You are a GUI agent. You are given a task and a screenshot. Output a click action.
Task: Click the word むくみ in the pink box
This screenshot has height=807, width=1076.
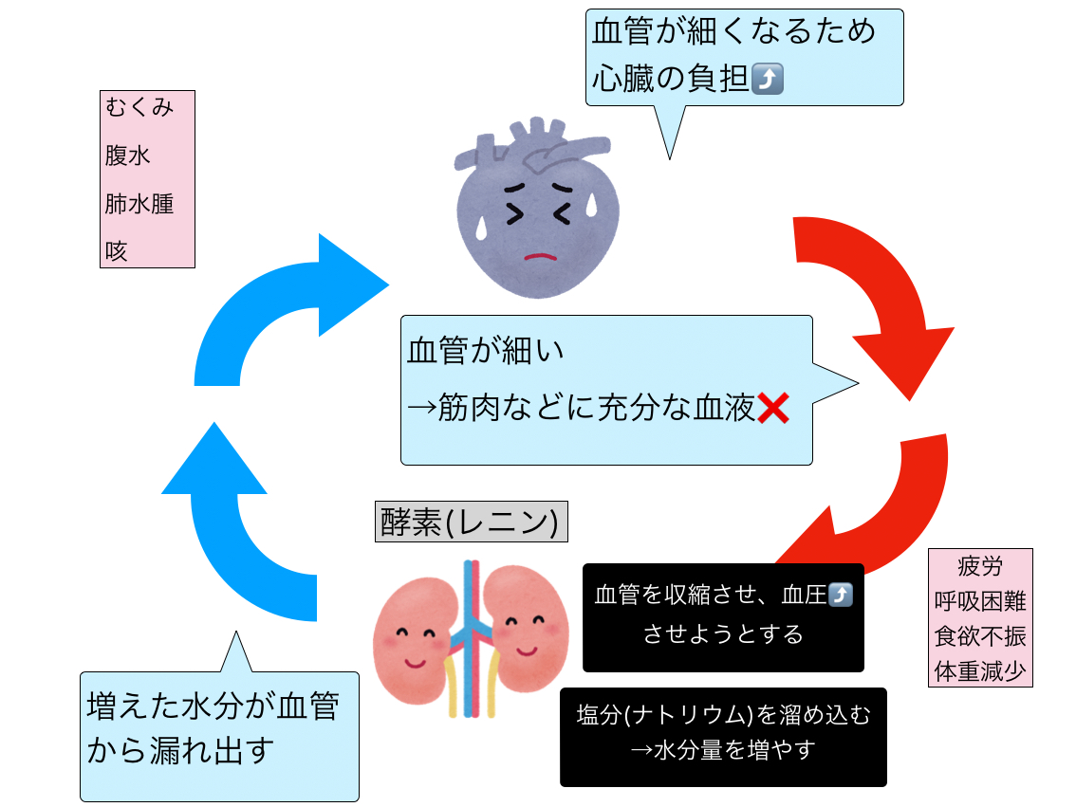coord(139,107)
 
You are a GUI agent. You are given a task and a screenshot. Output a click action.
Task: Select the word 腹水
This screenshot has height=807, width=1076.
coord(127,156)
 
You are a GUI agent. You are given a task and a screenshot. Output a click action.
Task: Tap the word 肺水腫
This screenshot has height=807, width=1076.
coord(139,203)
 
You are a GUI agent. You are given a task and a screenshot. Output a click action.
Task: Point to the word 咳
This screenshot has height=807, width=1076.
coord(116,251)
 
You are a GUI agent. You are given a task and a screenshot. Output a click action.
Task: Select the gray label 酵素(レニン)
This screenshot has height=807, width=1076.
coord(471,522)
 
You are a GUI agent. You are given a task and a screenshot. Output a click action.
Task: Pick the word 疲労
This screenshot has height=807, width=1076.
coord(980,567)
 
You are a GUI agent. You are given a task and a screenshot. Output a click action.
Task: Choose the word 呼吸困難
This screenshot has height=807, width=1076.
coord(980,601)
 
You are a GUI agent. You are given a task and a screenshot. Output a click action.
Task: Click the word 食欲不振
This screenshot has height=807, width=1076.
coord(980,636)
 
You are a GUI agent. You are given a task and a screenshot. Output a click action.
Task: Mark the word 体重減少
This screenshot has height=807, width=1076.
coord(980,671)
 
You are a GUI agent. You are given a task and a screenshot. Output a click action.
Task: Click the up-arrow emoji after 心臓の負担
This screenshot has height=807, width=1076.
coord(767,81)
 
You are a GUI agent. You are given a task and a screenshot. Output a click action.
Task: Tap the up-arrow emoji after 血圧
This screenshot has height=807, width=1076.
coord(840,596)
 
